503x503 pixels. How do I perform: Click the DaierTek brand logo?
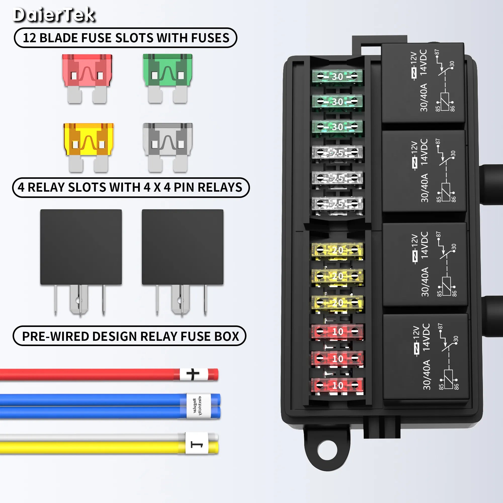[x=54, y=15]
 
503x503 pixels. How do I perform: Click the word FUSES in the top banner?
[x=210, y=38]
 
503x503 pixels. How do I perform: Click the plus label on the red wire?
[x=193, y=374]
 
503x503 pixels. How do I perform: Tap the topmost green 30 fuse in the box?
[x=337, y=77]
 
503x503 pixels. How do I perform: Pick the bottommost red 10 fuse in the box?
[x=338, y=386]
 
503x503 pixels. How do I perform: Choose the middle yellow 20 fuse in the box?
[x=338, y=276]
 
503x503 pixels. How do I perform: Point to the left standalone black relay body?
[x=81, y=247]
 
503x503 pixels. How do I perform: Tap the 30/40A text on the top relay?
[x=424, y=98]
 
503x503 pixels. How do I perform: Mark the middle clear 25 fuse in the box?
[x=338, y=178]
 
